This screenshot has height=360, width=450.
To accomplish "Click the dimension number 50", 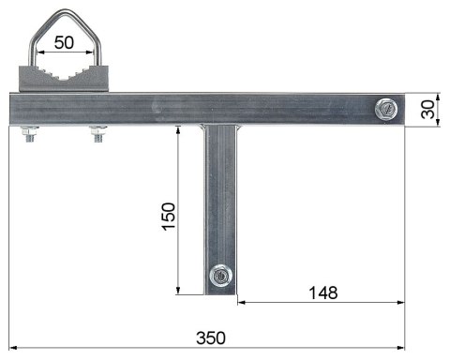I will (x=64, y=42).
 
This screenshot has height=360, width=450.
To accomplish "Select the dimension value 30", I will (x=428, y=110).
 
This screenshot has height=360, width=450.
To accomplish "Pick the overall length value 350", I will (x=210, y=337).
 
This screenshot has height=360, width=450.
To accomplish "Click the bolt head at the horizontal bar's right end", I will (x=385, y=109).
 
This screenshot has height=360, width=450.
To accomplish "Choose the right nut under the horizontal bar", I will (x=96, y=137).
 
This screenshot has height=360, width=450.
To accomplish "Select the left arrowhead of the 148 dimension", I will (x=241, y=303).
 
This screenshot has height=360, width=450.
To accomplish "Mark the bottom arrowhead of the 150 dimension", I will (x=178, y=291).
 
